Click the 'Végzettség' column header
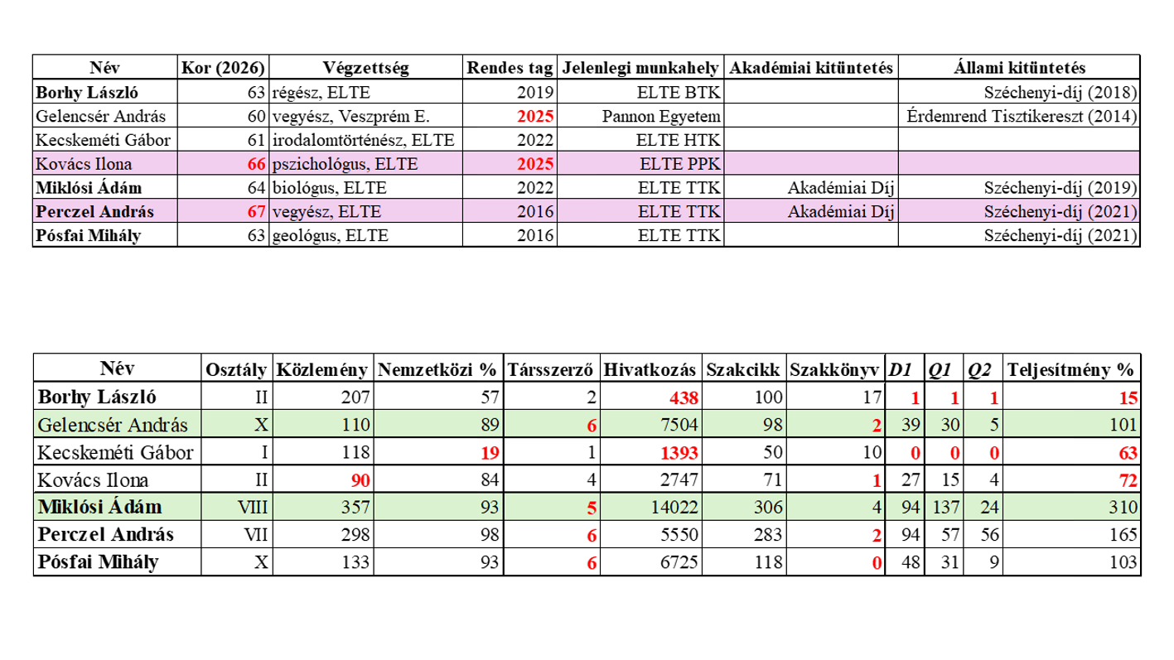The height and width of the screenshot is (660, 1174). point(365,68)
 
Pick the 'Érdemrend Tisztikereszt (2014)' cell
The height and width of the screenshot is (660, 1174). point(1021,117)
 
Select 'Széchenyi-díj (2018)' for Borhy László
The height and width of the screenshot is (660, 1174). point(1060,93)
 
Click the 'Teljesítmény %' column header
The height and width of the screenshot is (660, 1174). point(1070,369)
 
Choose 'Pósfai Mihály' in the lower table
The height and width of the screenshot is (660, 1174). point(99,563)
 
